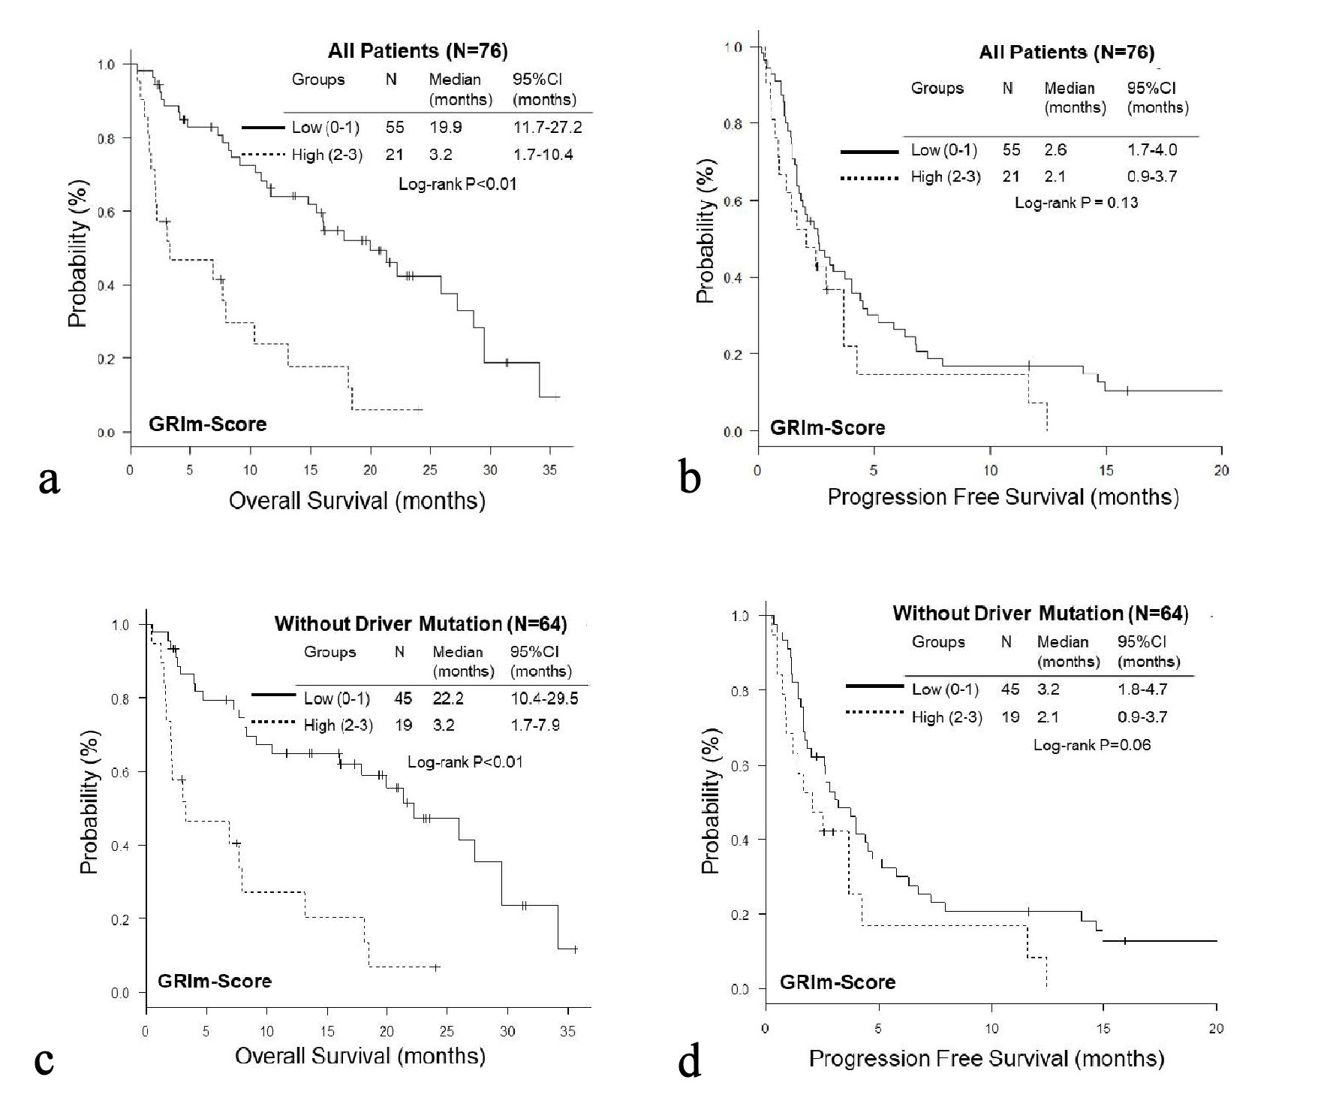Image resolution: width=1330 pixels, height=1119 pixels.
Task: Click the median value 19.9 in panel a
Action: [445, 128]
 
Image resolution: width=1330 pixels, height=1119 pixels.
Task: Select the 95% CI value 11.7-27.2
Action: [547, 128]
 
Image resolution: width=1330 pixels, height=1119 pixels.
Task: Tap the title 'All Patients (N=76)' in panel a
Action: [417, 51]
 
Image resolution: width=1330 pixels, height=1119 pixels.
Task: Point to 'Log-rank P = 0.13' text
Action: [1076, 203]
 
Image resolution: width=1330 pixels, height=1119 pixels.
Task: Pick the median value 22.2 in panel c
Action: [448, 698]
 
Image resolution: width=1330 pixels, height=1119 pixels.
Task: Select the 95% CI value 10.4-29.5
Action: [544, 698]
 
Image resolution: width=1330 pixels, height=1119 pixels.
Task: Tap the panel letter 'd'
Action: [690, 1062]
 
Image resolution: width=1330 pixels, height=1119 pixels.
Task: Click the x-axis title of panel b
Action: [1003, 497]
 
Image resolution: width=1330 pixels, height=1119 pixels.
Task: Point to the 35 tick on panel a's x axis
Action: [549, 470]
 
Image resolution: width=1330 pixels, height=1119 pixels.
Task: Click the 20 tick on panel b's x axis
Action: [1221, 470]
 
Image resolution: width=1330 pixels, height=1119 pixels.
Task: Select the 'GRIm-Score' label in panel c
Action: [214, 981]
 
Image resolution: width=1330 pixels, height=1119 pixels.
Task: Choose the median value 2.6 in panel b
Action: [1055, 150]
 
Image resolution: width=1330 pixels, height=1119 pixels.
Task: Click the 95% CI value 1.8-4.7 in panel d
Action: [1142, 689]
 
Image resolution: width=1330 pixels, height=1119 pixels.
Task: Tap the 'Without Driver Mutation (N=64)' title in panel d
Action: [1040, 614]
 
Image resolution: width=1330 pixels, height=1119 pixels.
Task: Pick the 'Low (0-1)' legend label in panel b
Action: [944, 150]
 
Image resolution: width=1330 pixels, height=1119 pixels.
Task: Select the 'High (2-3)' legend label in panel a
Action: [326, 155]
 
